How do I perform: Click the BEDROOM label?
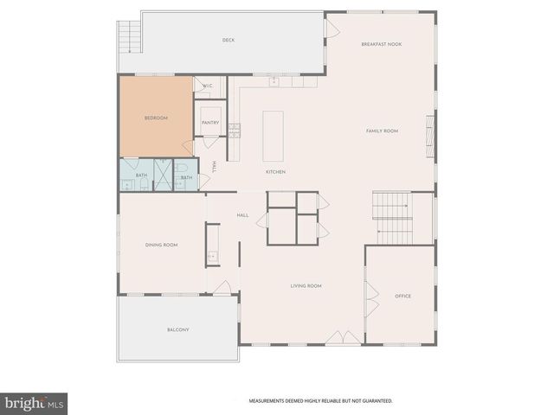pyautogui.click(x=156, y=118)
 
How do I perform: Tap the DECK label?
pyautogui.click(x=229, y=40)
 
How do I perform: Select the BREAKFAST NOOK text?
pyautogui.click(x=381, y=44)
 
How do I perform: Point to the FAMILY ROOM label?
pyautogui.click(x=382, y=131)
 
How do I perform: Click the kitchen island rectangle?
pyautogui.click(x=273, y=136)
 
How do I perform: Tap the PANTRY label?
pyautogui.click(x=210, y=123)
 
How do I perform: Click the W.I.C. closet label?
pyautogui.click(x=208, y=86)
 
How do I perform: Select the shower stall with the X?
pyautogui.click(x=163, y=169)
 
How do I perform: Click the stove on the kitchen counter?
pyautogui.click(x=235, y=131)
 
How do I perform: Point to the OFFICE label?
pyautogui.click(x=403, y=297)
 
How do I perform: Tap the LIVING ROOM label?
pyautogui.click(x=306, y=285)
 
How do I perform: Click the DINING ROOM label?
pyautogui.click(x=161, y=245)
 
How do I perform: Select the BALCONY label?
pyautogui.click(x=177, y=329)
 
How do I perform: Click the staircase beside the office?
pyautogui.click(x=392, y=218)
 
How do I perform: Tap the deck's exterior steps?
pyautogui.click(x=129, y=36)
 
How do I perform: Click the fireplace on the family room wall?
pyautogui.click(x=428, y=132)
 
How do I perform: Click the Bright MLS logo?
pyautogui.click(x=34, y=403)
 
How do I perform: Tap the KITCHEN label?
pyautogui.click(x=275, y=172)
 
